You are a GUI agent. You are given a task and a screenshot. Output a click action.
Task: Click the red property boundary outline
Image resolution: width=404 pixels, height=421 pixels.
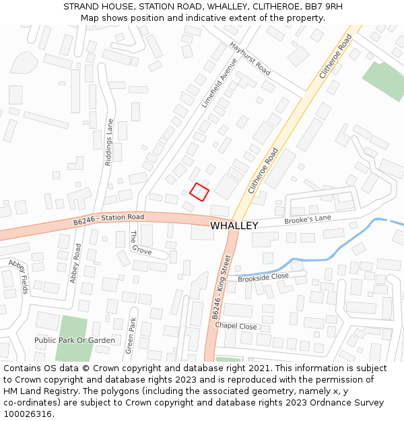[199, 191]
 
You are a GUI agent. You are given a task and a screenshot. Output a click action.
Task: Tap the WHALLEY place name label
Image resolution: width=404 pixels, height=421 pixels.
[234, 226]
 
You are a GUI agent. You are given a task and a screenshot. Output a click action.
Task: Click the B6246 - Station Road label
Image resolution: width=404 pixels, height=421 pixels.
[109, 218]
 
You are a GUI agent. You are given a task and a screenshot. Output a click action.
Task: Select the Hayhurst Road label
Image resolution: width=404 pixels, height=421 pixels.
[250, 59]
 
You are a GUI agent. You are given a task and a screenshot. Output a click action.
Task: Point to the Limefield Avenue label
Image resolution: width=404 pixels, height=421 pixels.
[220, 82]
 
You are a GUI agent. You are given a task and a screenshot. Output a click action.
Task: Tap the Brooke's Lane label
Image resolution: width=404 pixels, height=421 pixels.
[308, 219]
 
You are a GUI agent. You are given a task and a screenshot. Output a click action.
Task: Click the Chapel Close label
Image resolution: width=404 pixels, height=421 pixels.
[236, 326]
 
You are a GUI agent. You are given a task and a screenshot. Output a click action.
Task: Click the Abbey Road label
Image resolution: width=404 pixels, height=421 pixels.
[75, 263]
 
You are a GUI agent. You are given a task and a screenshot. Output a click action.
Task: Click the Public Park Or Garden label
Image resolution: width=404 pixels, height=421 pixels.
[75, 340]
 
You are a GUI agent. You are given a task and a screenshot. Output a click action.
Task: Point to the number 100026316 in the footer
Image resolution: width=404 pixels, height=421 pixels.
[28, 414]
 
